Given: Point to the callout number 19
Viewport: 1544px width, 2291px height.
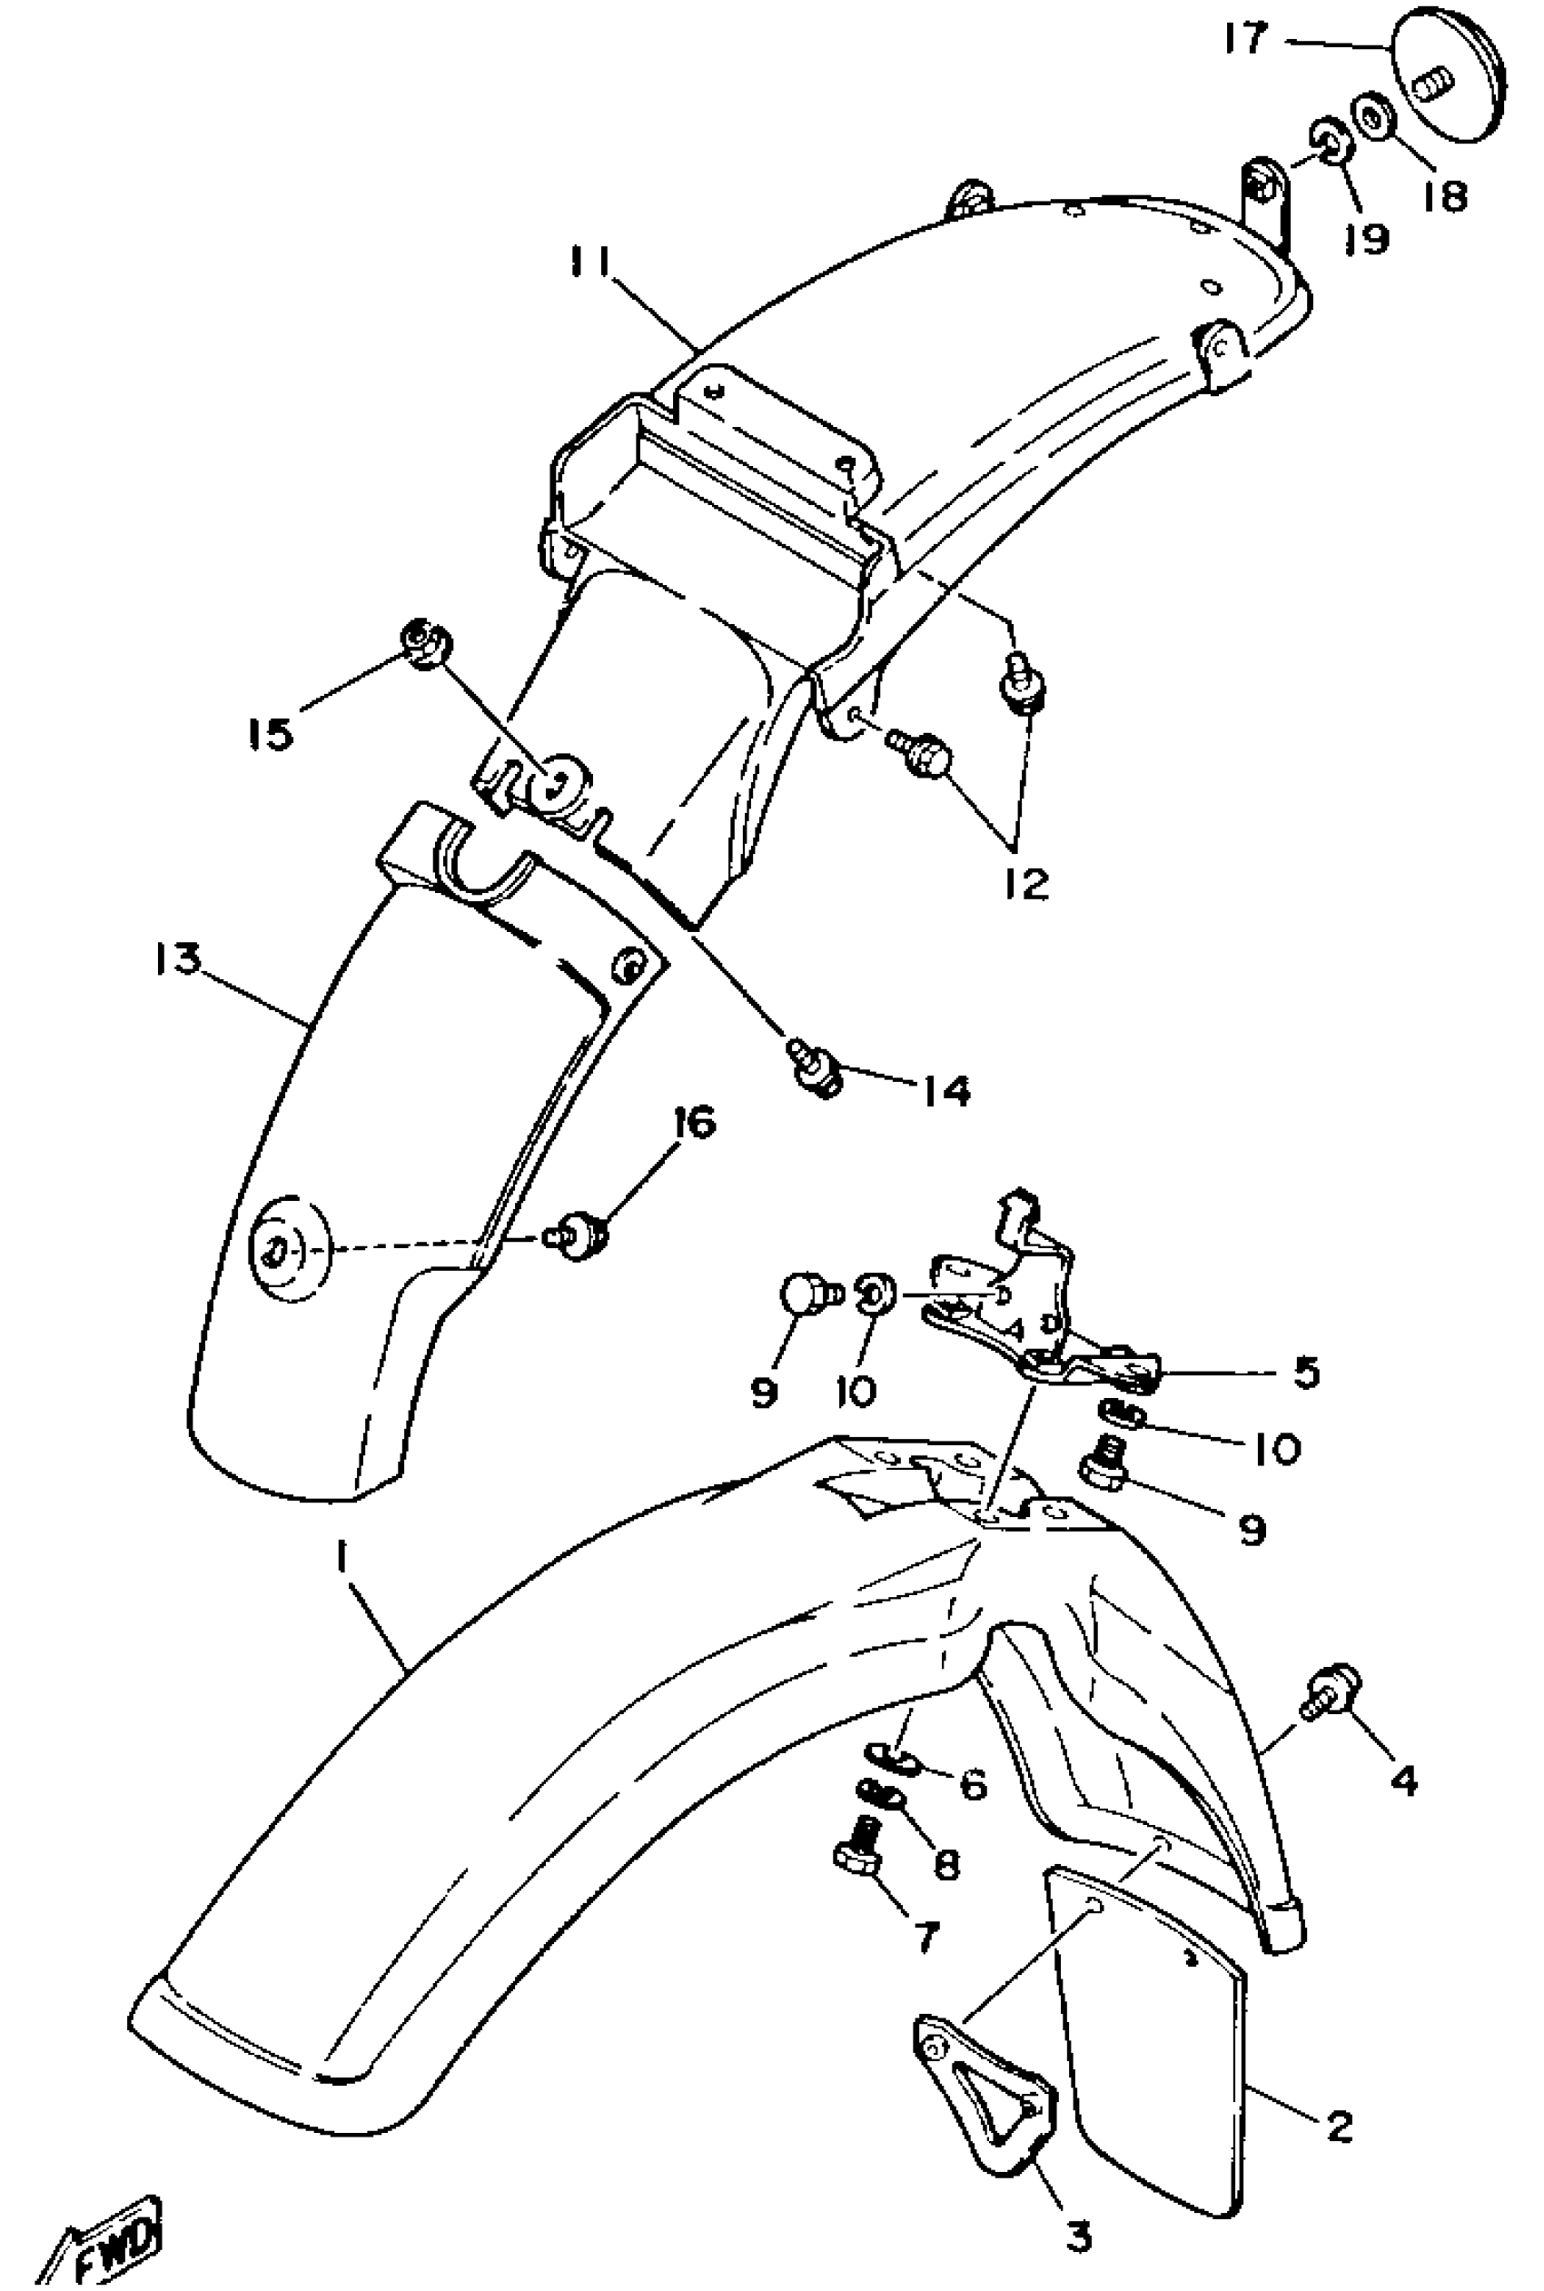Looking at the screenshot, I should (x=1369, y=237).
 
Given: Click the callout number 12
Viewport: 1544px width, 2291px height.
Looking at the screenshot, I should (x=1027, y=884).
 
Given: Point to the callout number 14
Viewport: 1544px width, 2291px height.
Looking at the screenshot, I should (x=946, y=1090).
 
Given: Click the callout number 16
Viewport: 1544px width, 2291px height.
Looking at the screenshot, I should (x=695, y=1123).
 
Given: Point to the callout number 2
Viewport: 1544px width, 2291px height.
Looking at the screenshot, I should (x=1338, y=2126).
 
